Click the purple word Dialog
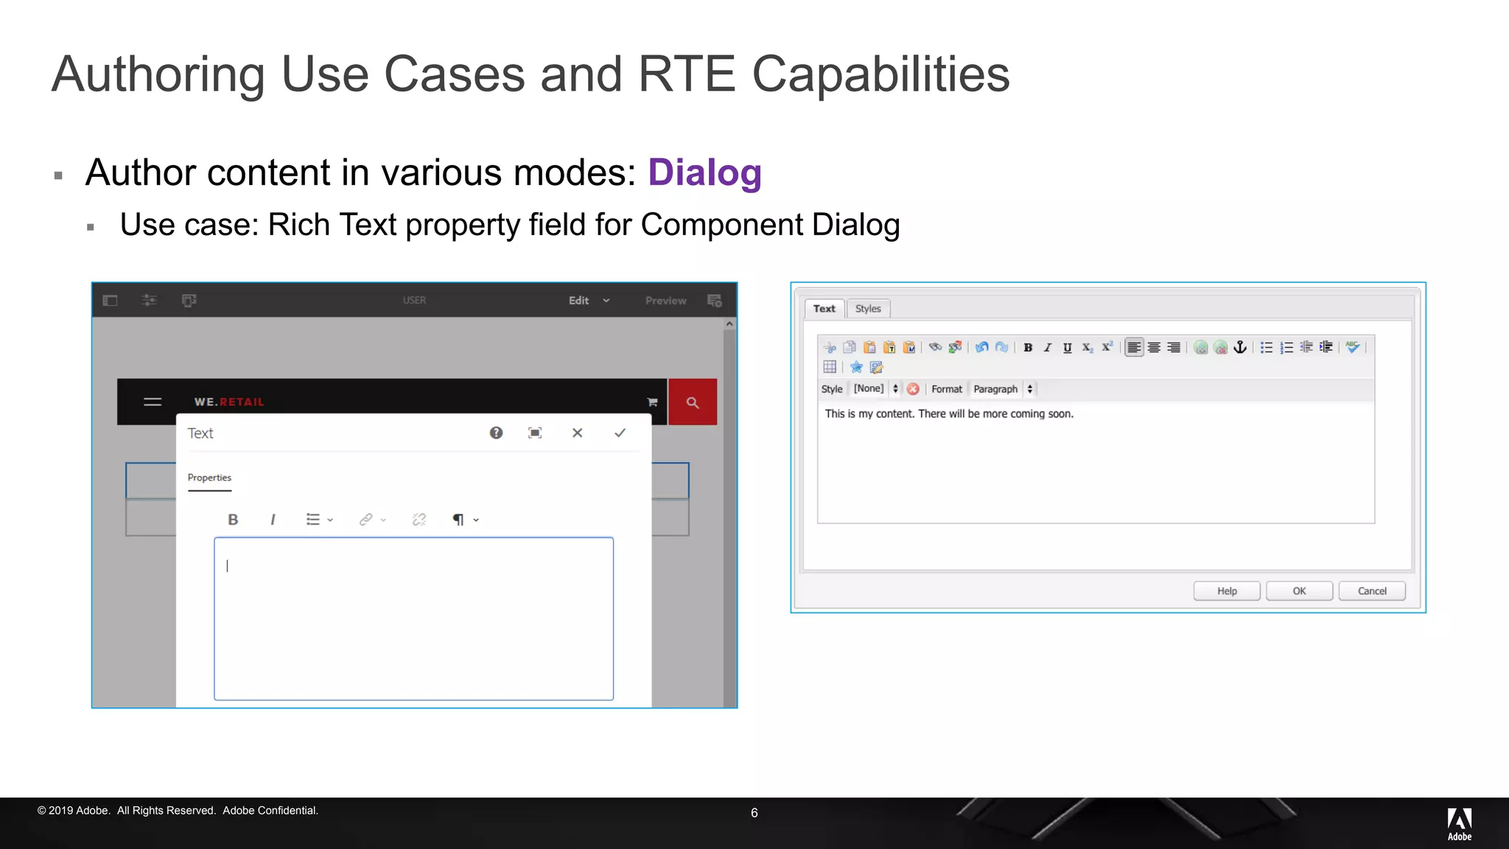(x=704, y=173)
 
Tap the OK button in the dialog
(x=1299, y=591)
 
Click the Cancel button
(x=1371, y=591)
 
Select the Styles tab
(x=868, y=309)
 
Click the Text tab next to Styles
(x=824, y=309)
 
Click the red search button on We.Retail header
(x=693, y=402)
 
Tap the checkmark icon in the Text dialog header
(x=620, y=433)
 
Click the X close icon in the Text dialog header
(x=578, y=433)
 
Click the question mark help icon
(x=497, y=433)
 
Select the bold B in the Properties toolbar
(x=233, y=520)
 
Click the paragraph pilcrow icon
(x=458, y=520)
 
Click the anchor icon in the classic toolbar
(x=1241, y=347)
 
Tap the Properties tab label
(x=209, y=478)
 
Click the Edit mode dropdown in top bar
(x=589, y=301)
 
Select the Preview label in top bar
(x=665, y=301)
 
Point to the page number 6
(x=754, y=813)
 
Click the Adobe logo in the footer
(x=1459, y=823)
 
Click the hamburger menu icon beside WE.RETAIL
(x=153, y=402)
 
